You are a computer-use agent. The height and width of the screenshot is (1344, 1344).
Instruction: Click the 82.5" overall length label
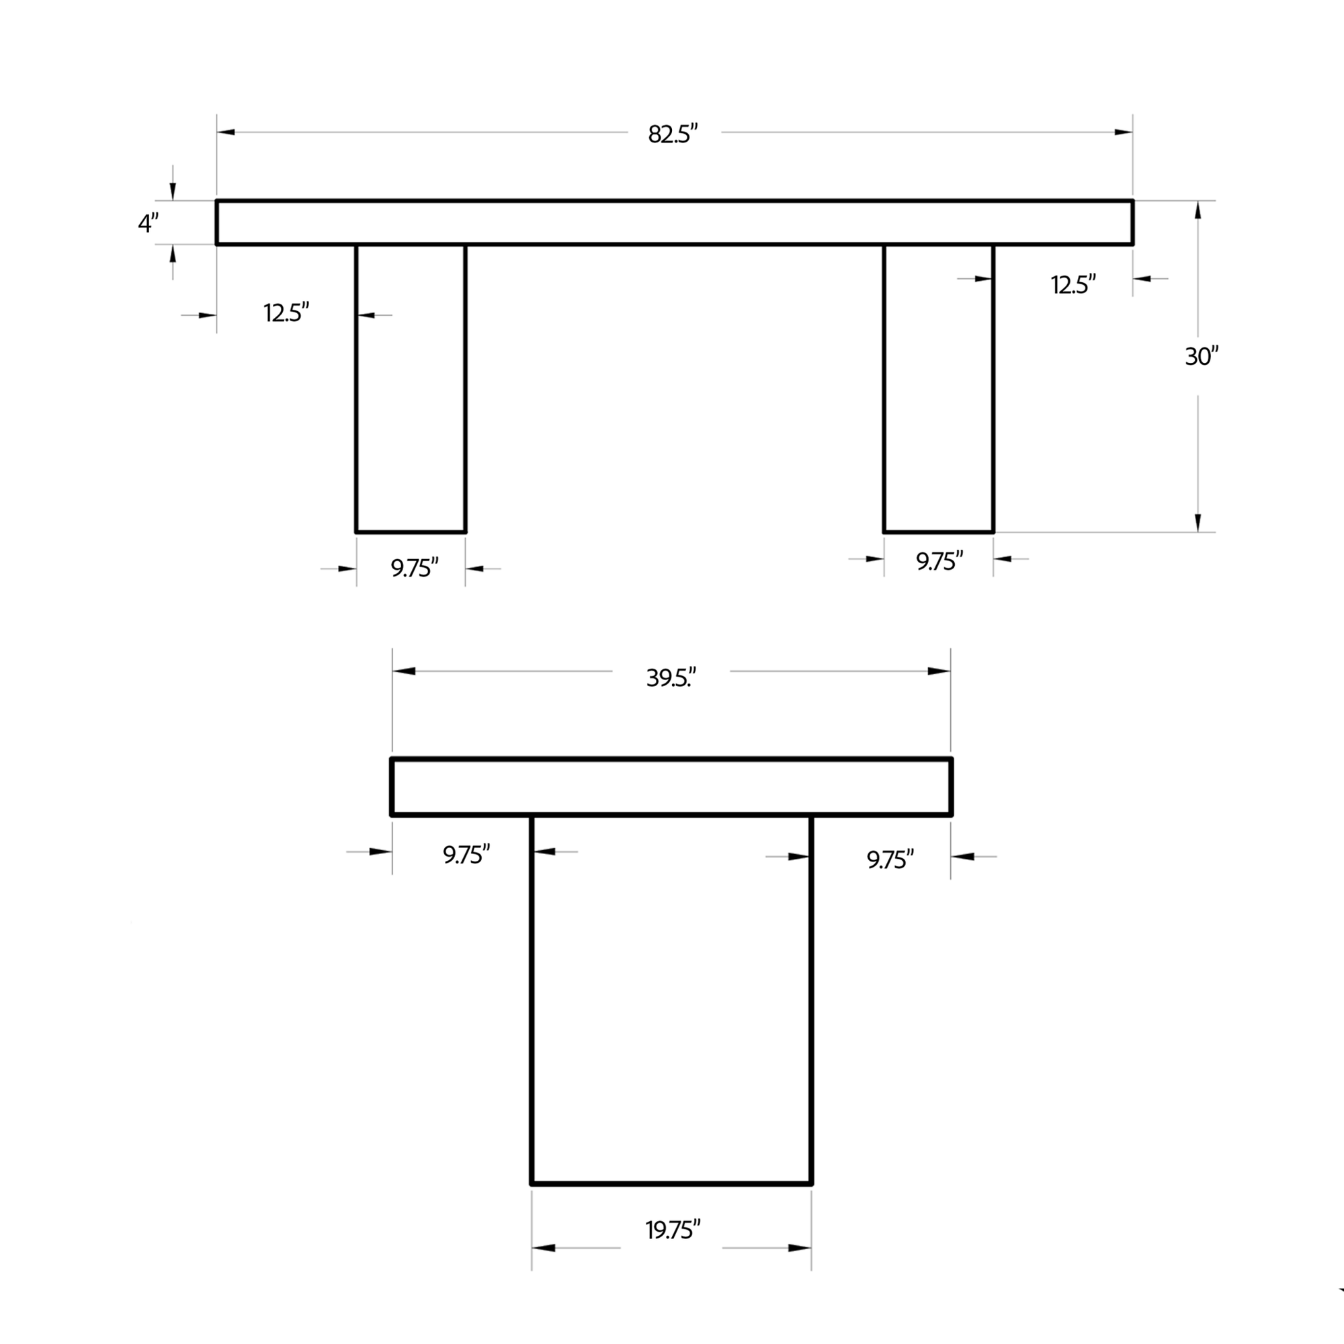[673, 134]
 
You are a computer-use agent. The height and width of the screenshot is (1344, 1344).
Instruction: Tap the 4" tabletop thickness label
[148, 223]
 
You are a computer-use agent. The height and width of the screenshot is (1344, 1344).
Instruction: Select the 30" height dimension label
[1202, 356]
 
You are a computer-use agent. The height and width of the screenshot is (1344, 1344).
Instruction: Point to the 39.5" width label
[671, 677]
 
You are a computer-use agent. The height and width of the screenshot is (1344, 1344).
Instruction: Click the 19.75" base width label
[673, 1230]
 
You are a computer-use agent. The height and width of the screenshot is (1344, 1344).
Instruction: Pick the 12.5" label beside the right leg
[1073, 284]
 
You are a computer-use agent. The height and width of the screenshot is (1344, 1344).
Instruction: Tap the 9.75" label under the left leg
[415, 569]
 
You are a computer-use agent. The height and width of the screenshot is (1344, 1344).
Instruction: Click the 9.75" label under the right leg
[939, 560]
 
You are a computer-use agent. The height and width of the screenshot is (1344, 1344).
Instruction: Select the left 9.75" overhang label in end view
[467, 854]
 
